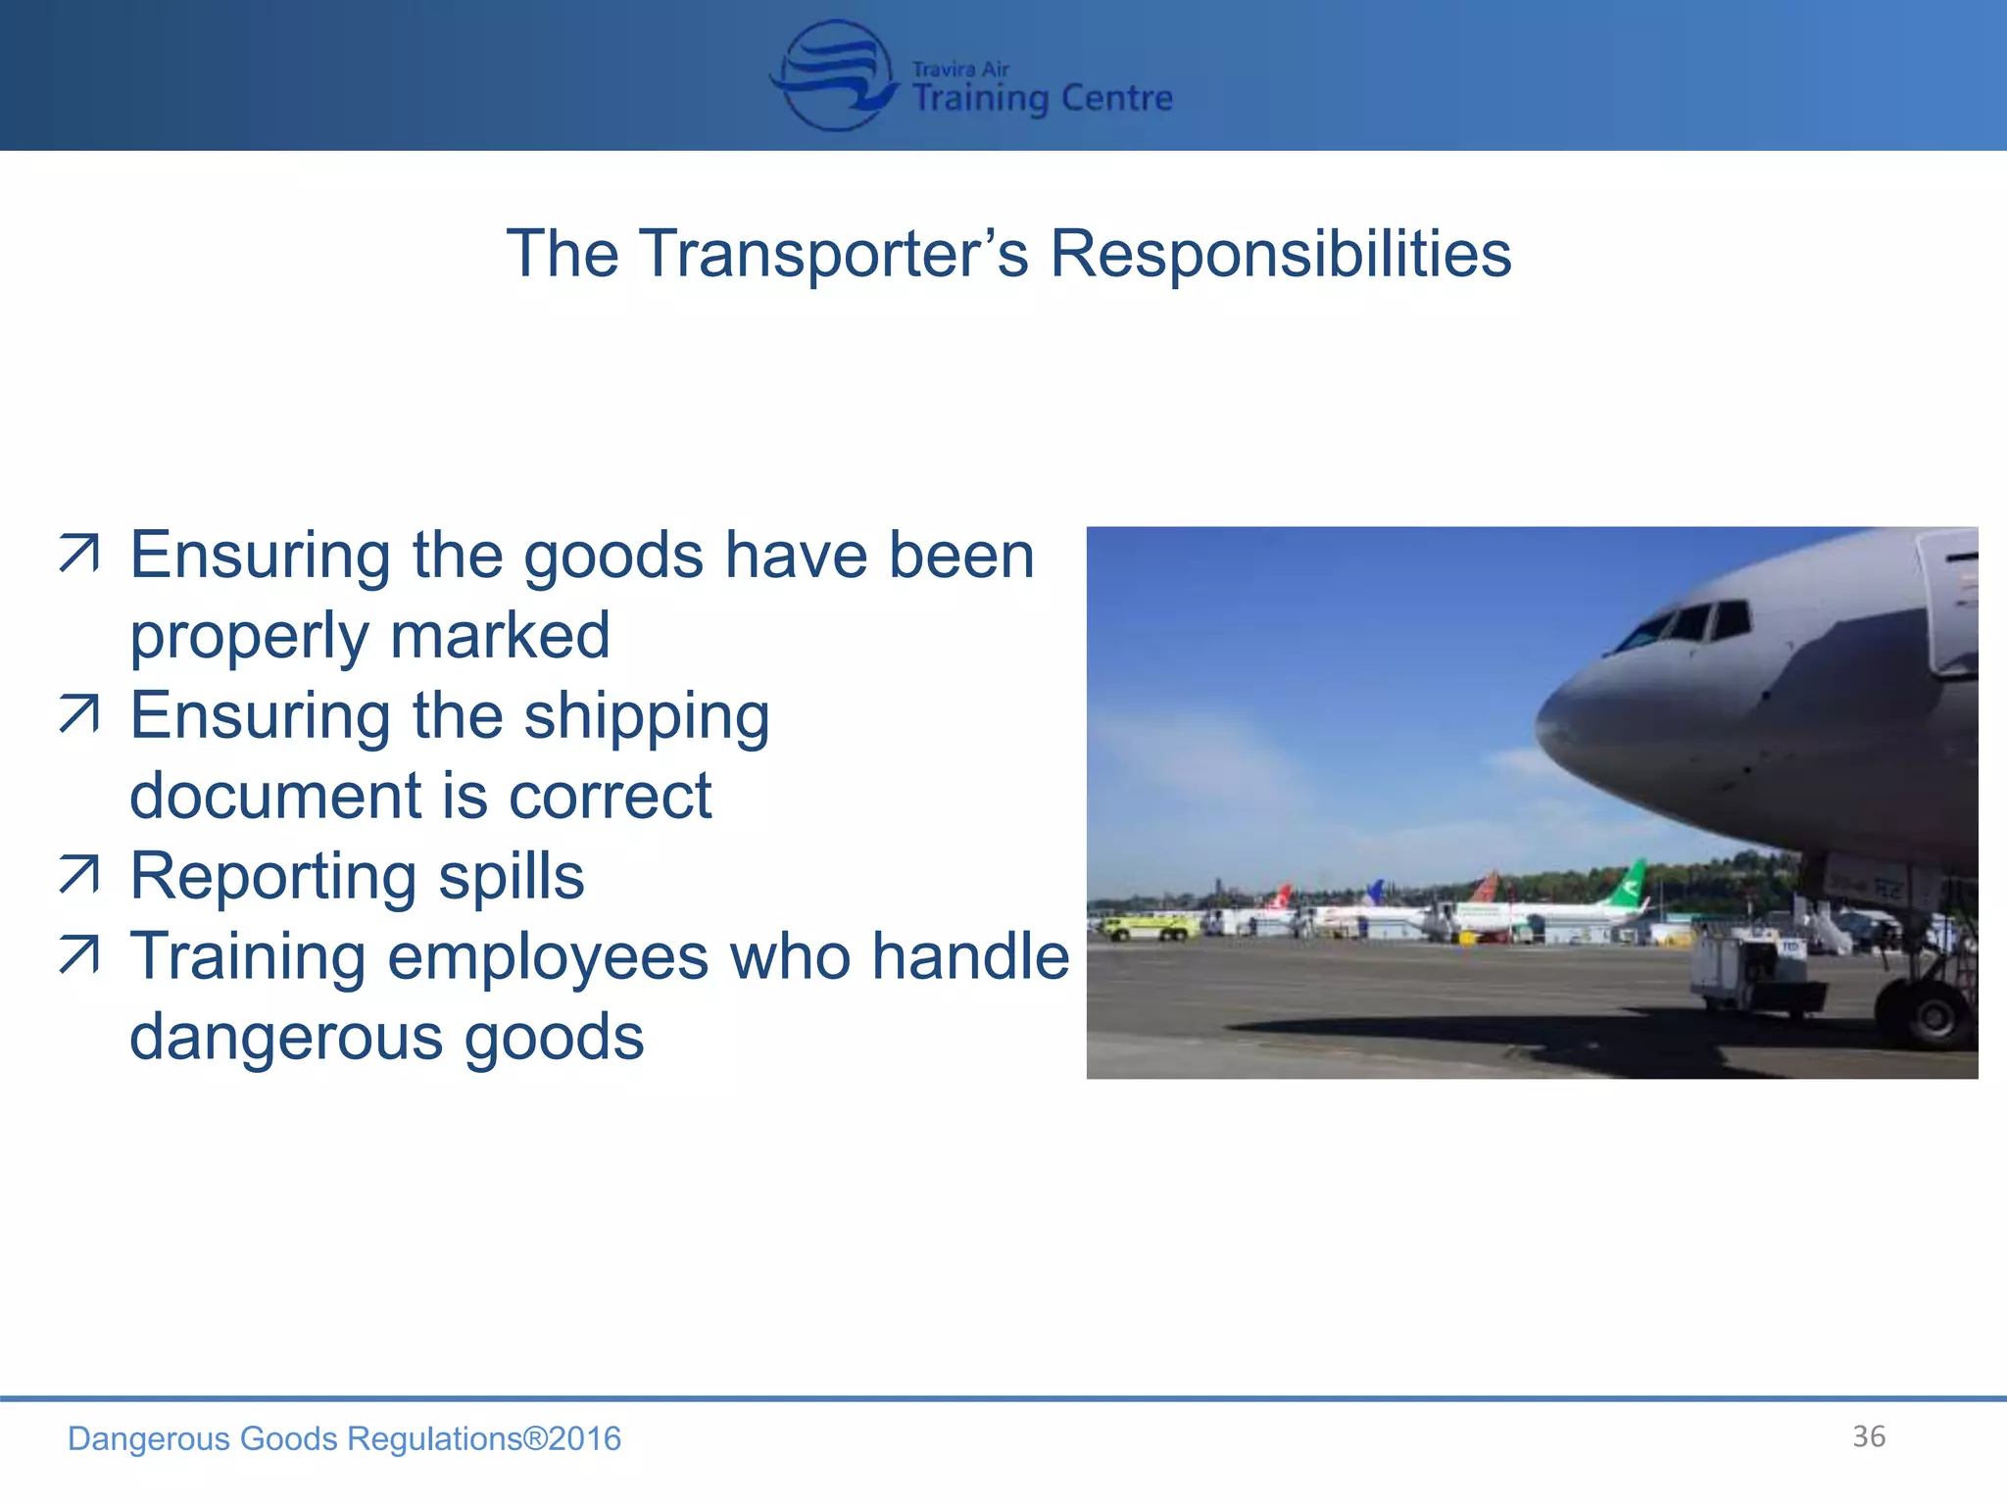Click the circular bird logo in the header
click(x=834, y=76)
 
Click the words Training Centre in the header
click(x=1042, y=99)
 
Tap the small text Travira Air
click(x=959, y=69)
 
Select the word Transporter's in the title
click(x=834, y=254)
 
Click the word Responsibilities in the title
click(x=1280, y=254)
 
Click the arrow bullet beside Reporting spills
click(x=78, y=875)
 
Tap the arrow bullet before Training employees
click(x=78, y=955)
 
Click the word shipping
click(x=647, y=716)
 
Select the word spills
click(x=511, y=876)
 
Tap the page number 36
click(x=1868, y=1436)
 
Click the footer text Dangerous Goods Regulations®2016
click(x=344, y=1438)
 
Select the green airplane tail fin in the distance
click(x=1629, y=882)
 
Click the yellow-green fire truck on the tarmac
click(x=1149, y=926)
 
